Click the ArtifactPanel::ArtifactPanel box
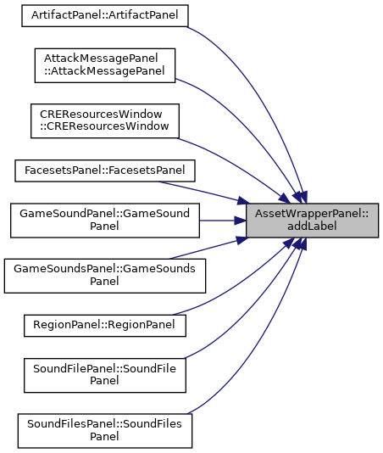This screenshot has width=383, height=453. click(x=105, y=15)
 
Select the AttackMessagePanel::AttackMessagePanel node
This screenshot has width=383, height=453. click(x=105, y=65)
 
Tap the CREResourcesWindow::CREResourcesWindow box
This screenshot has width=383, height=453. click(x=105, y=121)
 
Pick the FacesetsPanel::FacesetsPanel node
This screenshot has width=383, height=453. click(x=105, y=171)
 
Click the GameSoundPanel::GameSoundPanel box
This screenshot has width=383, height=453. click(x=105, y=221)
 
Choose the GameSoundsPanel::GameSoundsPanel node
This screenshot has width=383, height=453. click(x=105, y=276)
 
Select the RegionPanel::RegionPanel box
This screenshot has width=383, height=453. click(x=105, y=326)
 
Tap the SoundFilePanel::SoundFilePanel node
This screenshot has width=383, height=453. click(x=105, y=375)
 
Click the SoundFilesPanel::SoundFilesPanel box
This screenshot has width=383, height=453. click(x=105, y=431)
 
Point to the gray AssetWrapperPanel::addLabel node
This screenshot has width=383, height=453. click(x=312, y=221)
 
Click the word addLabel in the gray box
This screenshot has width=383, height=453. click(x=312, y=226)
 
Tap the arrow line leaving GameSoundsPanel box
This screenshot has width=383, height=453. click(x=208, y=249)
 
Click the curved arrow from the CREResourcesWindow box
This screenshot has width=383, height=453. click(x=236, y=165)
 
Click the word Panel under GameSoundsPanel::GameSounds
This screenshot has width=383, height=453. click(x=104, y=282)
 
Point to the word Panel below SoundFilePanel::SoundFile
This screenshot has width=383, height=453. click(x=104, y=381)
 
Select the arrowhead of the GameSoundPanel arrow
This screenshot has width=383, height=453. click(x=240, y=221)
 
